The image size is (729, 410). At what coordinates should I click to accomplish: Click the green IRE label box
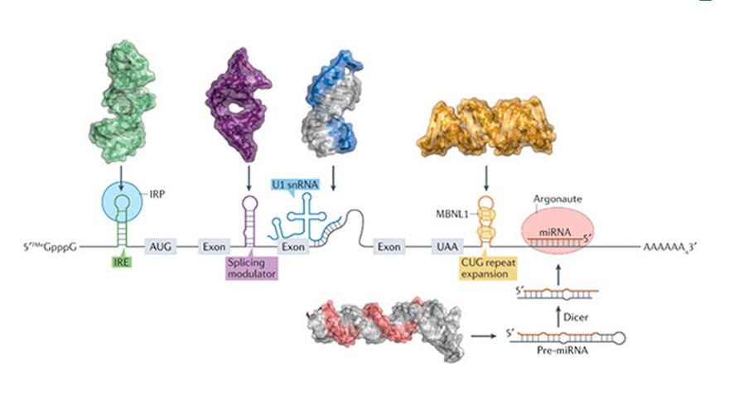coord(121,263)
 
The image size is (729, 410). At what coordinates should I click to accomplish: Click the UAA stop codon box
coord(444,246)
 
